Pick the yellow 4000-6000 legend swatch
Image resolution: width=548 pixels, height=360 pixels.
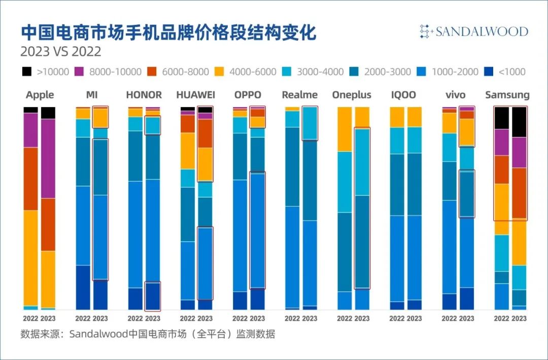click(x=220, y=72)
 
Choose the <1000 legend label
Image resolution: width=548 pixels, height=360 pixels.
click(x=512, y=72)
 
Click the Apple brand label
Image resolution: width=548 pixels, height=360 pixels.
click(x=40, y=95)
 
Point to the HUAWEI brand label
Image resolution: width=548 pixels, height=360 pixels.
click(x=196, y=95)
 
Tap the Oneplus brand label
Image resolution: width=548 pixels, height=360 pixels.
click(x=352, y=95)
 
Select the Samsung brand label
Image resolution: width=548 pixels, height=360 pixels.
click(x=507, y=95)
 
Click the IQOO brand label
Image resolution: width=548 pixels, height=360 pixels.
click(x=404, y=95)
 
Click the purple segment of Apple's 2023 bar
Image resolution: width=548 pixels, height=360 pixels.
click(x=48, y=158)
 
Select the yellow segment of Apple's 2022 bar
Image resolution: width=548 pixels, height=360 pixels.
click(x=31, y=258)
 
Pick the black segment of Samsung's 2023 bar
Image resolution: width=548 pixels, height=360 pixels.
click(x=519, y=122)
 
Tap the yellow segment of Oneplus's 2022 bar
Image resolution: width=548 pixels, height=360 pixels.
click(x=345, y=129)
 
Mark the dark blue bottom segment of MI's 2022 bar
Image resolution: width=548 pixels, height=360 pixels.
click(x=83, y=287)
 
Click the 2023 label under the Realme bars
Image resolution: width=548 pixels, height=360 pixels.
click(x=310, y=318)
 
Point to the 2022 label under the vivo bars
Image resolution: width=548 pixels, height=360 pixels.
click(x=450, y=318)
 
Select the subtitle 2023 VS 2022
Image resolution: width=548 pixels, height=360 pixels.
click(x=60, y=52)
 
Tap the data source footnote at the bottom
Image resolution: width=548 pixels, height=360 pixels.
click(x=148, y=335)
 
